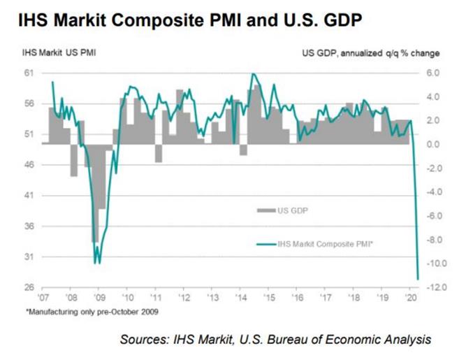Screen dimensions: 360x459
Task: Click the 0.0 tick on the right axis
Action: (432, 144)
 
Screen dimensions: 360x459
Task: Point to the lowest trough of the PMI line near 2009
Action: (97, 263)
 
